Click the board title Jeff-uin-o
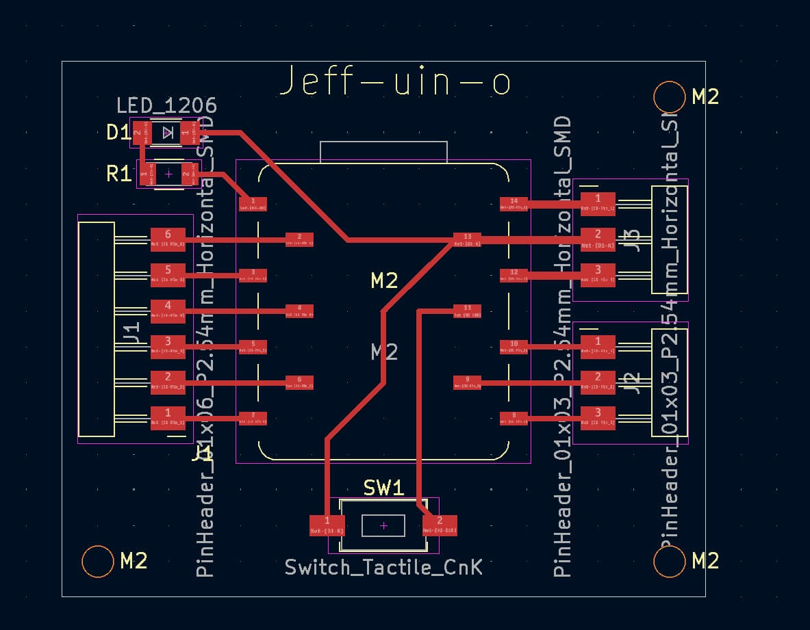click(x=396, y=82)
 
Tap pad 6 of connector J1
click(x=168, y=237)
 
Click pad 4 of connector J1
click(x=168, y=309)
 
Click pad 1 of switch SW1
click(x=327, y=525)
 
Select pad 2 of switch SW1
click(x=440, y=525)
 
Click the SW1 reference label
click(x=383, y=488)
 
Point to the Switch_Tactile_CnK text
click(x=383, y=566)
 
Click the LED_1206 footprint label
click(x=166, y=105)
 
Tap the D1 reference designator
click(x=118, y=132)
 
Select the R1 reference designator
click(x=118, y=174)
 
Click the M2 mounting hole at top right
click(x=670, y=97)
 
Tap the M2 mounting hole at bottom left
click(x=97, y=562)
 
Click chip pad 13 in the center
click(x=468, y=238)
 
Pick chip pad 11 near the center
click(x=468, y=311)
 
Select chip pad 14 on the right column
click(x=514, y=202)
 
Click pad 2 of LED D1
click(x=138, y=133)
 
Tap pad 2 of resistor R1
click(x=186, y=175)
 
